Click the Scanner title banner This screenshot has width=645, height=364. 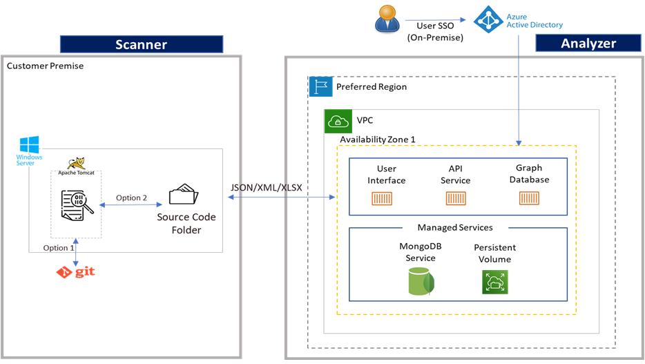pyautogui.click(x=142, y=44)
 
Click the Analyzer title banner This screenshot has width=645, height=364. pyautogui.click(x=588, y=43)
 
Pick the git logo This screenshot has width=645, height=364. pyautogui.click(x=75, y=271)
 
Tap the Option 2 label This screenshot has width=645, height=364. pyautogui.click(x=131, y=198)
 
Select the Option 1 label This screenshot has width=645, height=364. pyautogui.click(x=59, y=248)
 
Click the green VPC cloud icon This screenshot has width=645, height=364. pyautogui.click(x=338, y=121)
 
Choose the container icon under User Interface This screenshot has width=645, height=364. pyautogui.click(x=382, y=199)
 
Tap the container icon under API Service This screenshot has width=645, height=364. pyautogui.click(x=455, y=199)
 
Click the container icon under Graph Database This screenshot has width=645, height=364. pyautogui.click(x=529, y=199)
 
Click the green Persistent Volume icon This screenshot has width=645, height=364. pyautogui.click(x=494, y=282)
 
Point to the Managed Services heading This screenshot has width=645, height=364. pyautogui.click(x=455, y=227)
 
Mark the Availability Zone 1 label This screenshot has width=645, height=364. pyautogui.click(x=377, y=139)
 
